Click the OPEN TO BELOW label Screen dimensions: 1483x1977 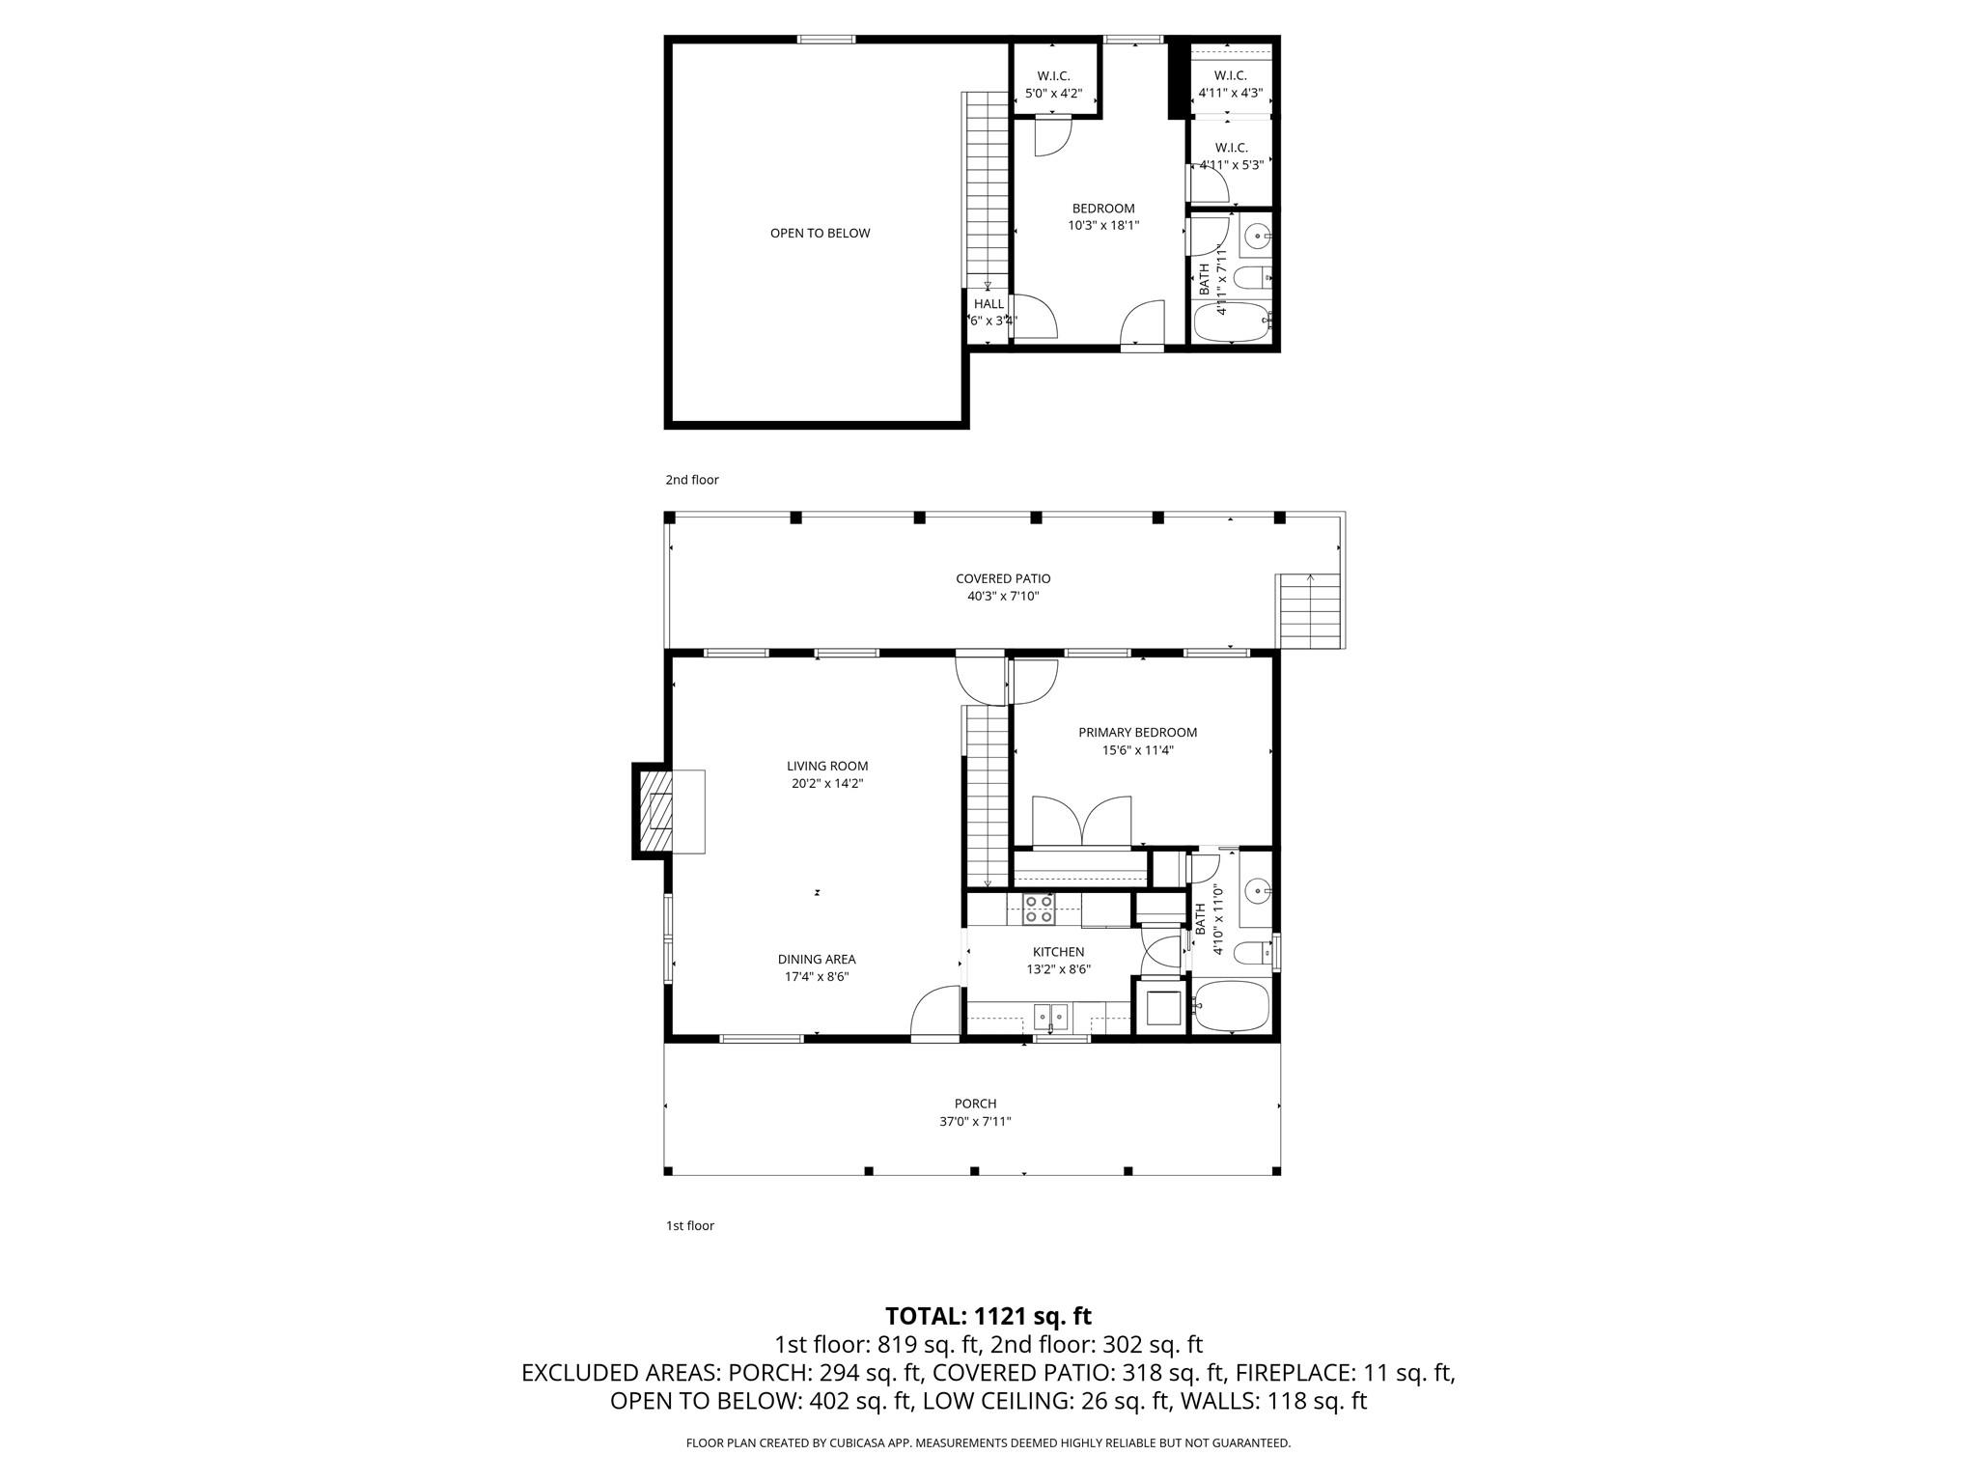[x=820, y=233]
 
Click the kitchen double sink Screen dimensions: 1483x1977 [x=1051, y=1017]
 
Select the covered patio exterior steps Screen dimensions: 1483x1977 [x=1310, y=611]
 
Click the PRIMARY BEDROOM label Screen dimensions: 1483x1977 [x=1137, y=732]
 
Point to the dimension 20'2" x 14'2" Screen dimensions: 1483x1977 [x=827, y=784]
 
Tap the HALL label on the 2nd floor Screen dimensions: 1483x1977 [x=988, y=303]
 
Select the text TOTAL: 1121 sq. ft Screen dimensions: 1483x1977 [x=988, y=1315]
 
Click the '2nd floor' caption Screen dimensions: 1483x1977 [x=691, y=480]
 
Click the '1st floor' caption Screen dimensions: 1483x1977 [x=689, y=1226]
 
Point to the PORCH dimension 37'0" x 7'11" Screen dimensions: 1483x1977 [x=975, y=1122]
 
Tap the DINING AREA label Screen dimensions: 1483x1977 [x=817, y=959]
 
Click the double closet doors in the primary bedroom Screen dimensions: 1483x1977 [x=1081, y=821]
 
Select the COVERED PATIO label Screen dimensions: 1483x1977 [x=1003, y=578]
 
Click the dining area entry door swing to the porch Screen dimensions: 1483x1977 [x=933, y=1013]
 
